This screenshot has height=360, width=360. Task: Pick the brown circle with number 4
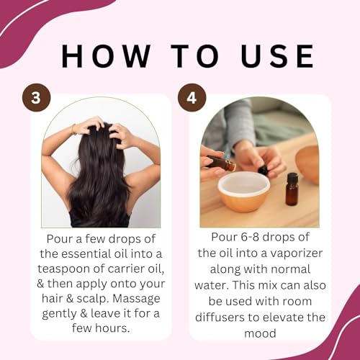tap(191, 98)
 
